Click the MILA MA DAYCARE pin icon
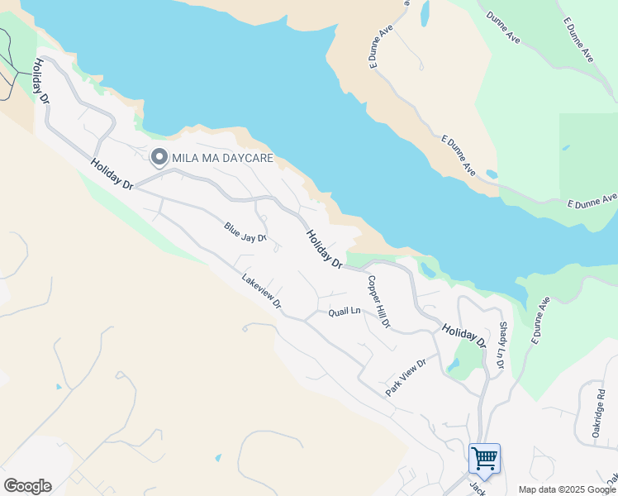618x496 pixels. [159, 155]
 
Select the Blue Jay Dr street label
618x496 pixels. [245, 231]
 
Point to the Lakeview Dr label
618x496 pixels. [262, 293]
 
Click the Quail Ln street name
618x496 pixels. [345, 311]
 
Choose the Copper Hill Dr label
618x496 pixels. [378, 301]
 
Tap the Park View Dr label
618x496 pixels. [405, 376]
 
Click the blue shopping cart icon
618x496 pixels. [484, 457]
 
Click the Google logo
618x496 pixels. [27, 485]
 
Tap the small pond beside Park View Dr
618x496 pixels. [454, 364]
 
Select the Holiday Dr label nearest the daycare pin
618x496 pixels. [112, 174]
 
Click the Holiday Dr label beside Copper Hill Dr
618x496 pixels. [325, 248]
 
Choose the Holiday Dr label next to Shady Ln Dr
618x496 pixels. [463, 334]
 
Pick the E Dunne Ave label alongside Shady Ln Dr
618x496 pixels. [540, 321]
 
